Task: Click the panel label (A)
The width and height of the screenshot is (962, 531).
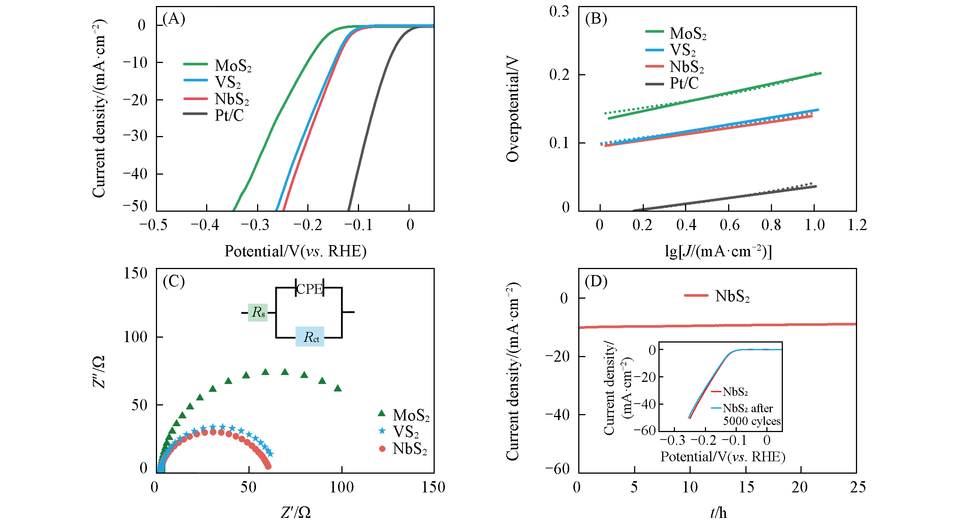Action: point(174,18)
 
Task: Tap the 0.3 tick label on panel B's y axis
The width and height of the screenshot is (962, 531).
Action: point(559,11)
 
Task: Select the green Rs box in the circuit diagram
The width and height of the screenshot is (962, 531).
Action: point(258,313)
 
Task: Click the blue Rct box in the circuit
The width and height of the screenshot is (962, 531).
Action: point(310,337)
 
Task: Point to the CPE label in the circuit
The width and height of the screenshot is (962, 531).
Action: point(310,289)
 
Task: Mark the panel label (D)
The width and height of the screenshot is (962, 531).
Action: point(596,281)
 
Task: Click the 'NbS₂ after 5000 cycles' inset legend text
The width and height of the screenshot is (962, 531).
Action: point(751,414)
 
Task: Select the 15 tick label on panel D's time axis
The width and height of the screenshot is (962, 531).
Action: point(746,487)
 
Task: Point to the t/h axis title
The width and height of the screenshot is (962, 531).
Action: point(718,512)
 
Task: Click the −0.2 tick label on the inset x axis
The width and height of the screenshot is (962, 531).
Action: point(705,440)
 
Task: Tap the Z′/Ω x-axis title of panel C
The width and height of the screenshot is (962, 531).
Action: point(296,512)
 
